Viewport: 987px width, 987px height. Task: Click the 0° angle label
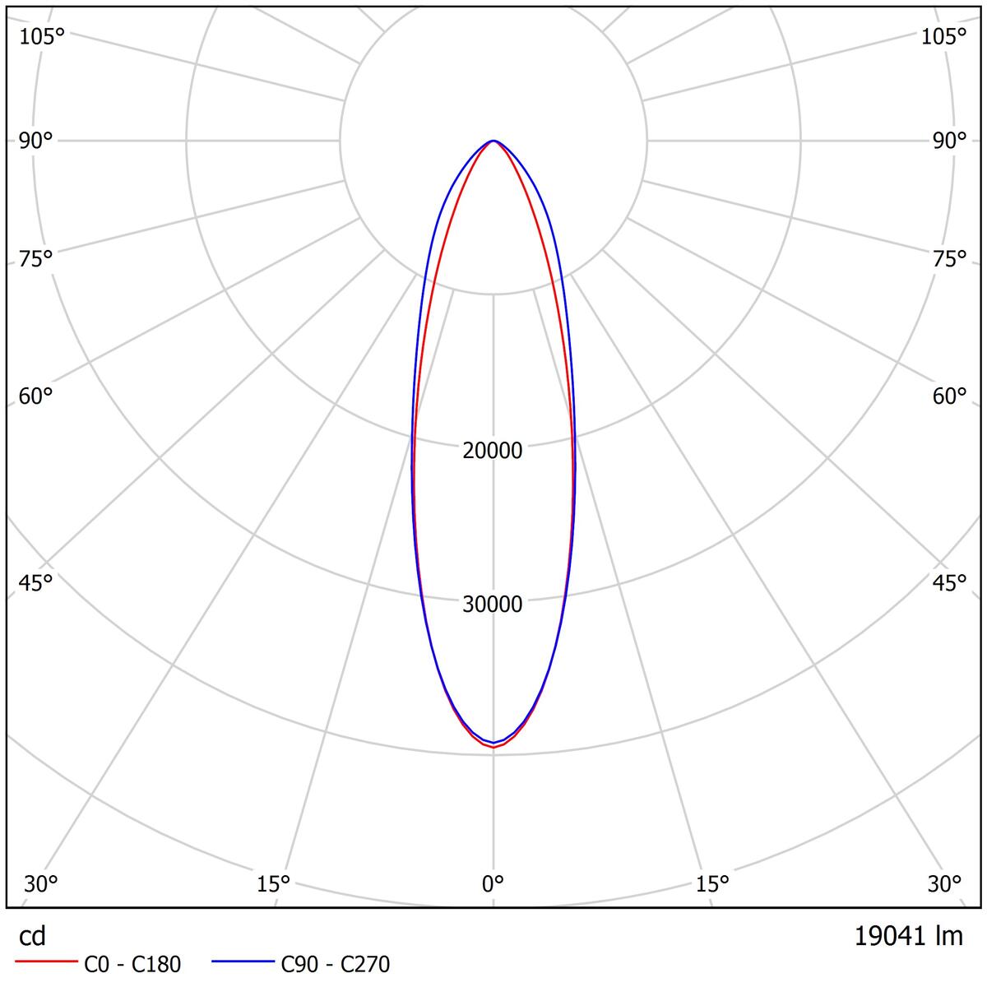coord(493,884)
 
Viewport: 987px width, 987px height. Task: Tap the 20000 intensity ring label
coord(493,451)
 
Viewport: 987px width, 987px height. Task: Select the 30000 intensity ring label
coord(493,605)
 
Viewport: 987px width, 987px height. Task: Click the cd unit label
coord(33,937)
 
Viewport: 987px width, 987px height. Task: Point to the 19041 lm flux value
coord(909,936)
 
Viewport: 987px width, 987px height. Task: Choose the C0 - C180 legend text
coord(132,964)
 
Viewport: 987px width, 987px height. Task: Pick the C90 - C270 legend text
coord(336,964)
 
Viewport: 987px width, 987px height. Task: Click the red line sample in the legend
coord(46,962)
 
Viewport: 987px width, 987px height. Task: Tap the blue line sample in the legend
coord(243,962)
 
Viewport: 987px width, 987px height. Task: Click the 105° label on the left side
coord(42,36)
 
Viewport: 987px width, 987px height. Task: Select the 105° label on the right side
coord(943,36)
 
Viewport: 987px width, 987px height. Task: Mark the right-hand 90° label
coord(949,141)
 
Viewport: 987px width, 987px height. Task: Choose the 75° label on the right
coord(949,259)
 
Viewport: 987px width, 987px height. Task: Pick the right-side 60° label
coord(949,396)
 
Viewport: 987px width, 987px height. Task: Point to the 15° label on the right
coord(712,884)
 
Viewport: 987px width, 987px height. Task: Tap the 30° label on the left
coord(41,884)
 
